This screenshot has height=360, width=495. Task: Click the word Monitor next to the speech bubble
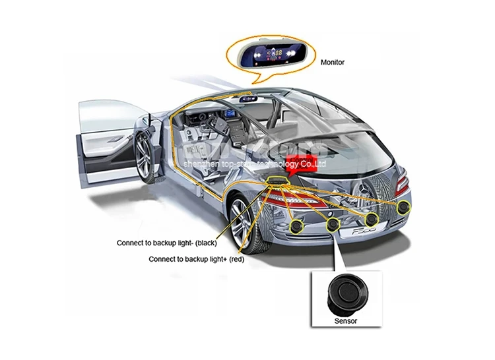click(x=333, y=63)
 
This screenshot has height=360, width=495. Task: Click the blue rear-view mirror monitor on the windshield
click(x=249, y=99)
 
